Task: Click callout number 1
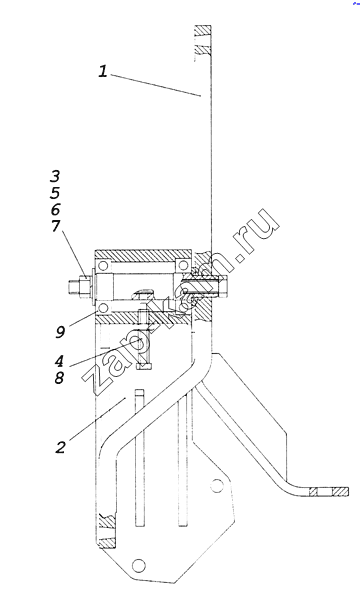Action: click(x=103, y=71)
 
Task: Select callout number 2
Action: click(x=60, y=447)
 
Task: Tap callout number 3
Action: click(x=55, y=176)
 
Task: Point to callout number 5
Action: click(x=55, y=192)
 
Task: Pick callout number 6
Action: click(x=55, y=209)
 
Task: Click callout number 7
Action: click(x=55, y=226)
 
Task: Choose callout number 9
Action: click(x=60, y=332)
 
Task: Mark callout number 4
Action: click(x=60, y=361)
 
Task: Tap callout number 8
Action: click(x=59, y=378)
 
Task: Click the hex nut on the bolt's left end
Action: click(x=84, y=287)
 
